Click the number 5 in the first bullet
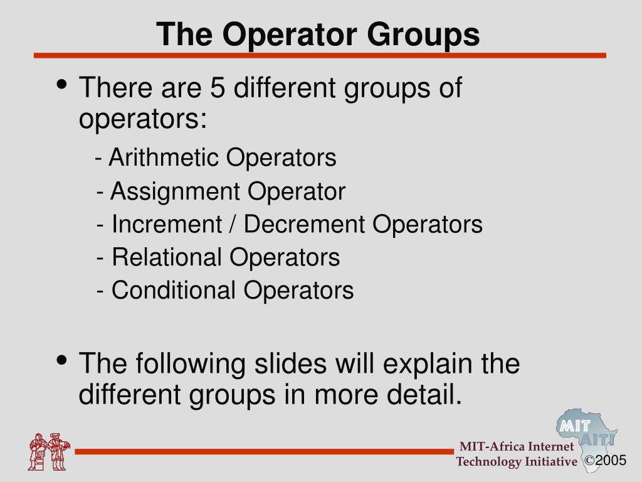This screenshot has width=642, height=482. (x=218, y=88)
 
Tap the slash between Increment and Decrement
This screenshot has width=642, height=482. (x=233, y=224)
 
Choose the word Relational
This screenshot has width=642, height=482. (x=166, y=257)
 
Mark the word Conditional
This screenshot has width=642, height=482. (x=174, y=291)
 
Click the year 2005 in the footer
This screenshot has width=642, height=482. (x=611, y=461)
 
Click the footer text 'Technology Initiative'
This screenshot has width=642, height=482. (x=516, y=462)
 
